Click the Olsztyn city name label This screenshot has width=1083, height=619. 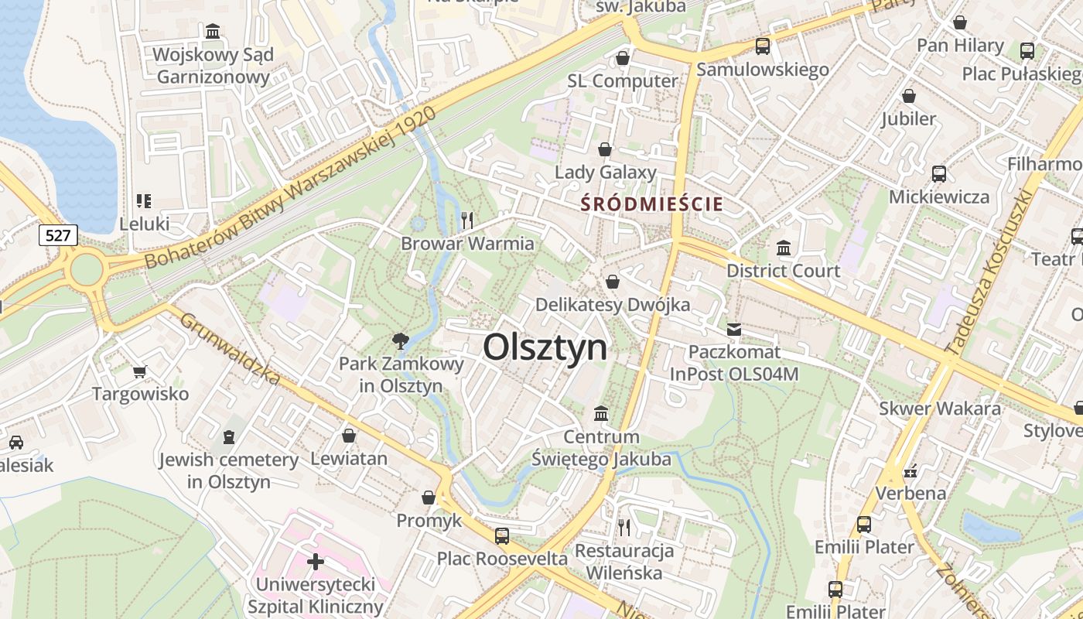point(545,347)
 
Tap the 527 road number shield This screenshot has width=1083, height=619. point(58,235)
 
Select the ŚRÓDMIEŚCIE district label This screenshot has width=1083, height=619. point(652,204)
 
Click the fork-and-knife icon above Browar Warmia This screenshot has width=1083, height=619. point(466,221)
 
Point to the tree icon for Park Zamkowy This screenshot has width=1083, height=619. point(400,340)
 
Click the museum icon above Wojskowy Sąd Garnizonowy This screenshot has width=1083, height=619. point(213,32)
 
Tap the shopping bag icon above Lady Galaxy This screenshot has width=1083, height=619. point(605,149)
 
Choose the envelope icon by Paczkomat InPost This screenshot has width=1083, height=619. point(733,330)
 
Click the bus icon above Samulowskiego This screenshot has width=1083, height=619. point(763,46)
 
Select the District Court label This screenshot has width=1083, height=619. point(783,271)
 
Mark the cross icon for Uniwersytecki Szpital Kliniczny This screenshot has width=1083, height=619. point(315,561)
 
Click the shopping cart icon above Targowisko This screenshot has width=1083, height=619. point(140,371)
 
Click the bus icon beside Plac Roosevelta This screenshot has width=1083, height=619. point(502,535)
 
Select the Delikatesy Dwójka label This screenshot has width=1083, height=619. point(613,305)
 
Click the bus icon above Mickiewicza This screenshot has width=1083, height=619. point(938,174)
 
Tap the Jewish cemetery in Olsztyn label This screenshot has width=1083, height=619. point(229,470)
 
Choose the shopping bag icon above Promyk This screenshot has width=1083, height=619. point(429,498)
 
